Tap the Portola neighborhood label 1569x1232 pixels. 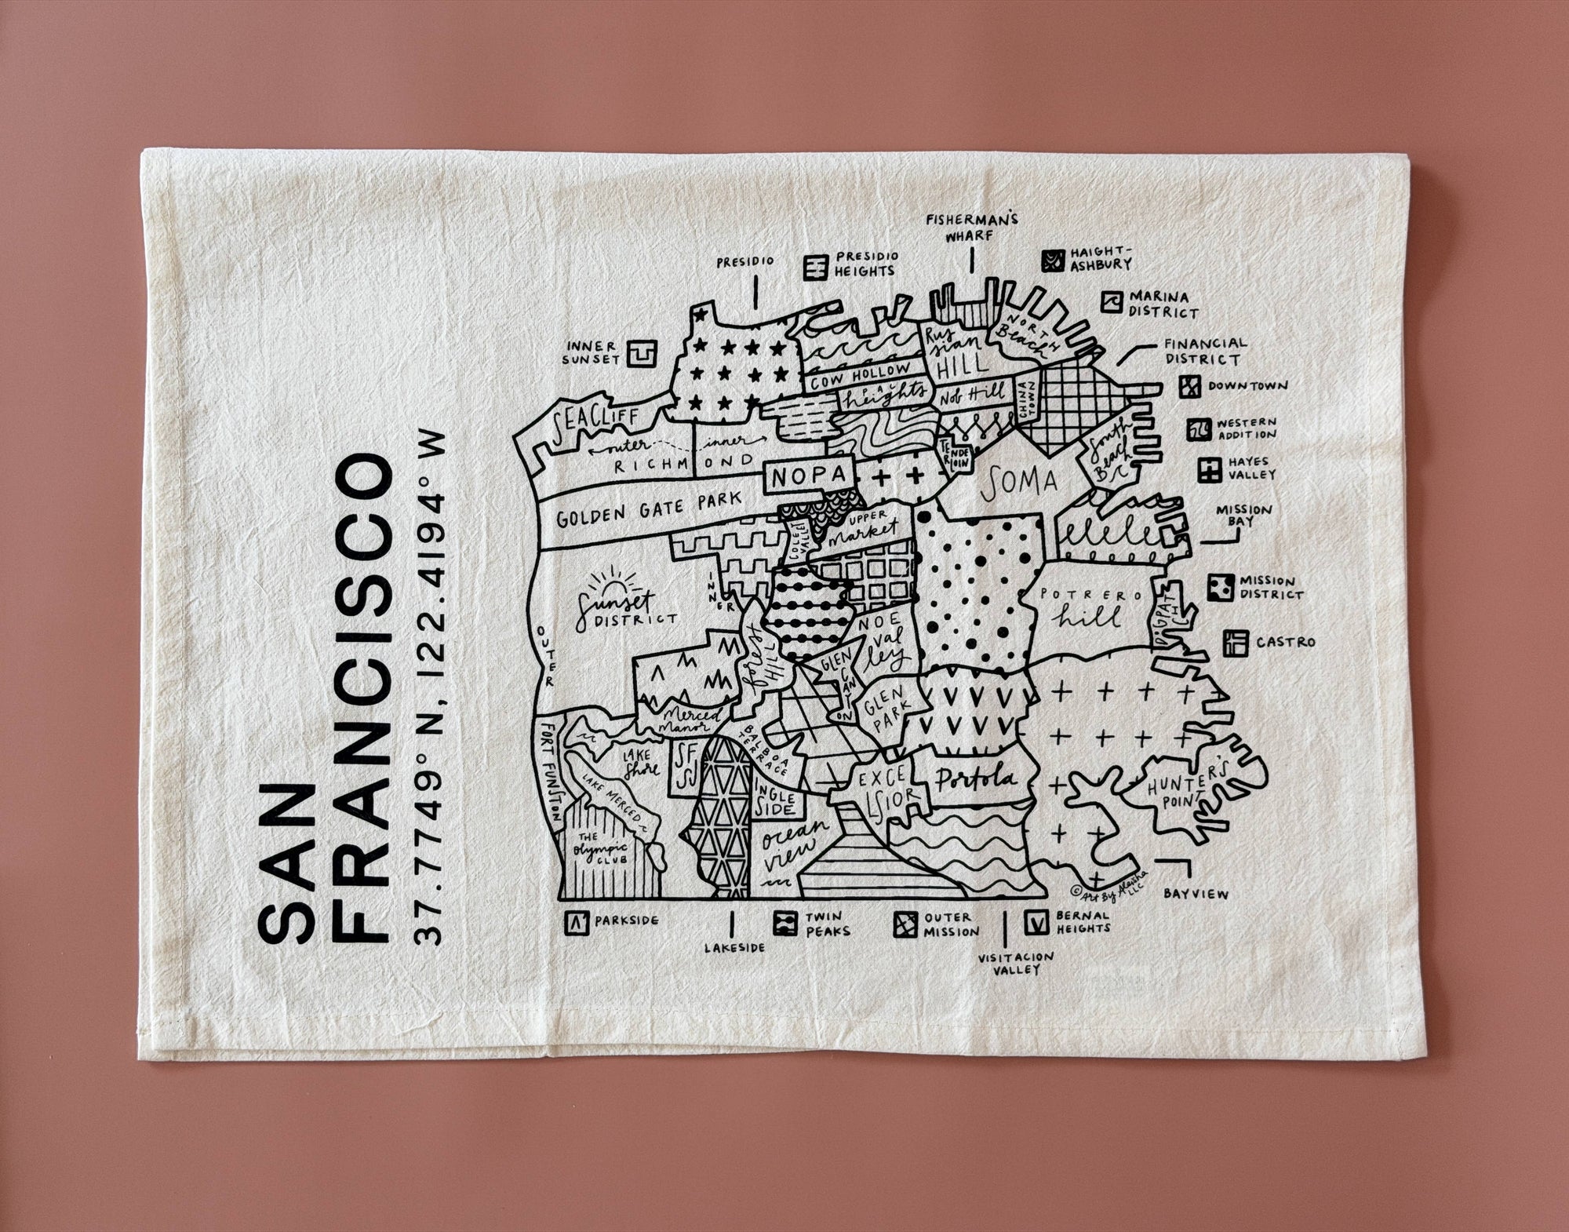[973, 777]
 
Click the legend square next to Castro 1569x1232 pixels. [1235, 642]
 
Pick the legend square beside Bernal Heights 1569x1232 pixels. [1037, 922]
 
